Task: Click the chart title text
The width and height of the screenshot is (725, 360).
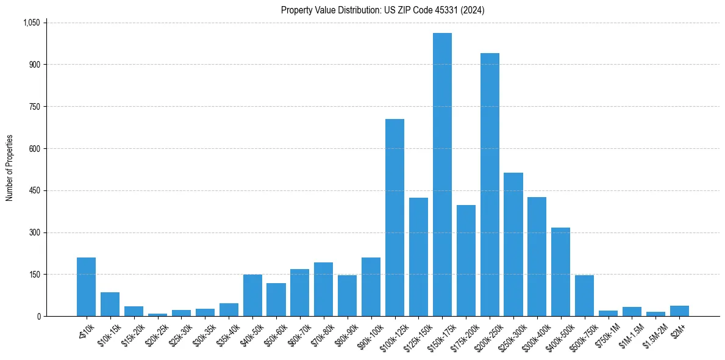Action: tap(382, 10)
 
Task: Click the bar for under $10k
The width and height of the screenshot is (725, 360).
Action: tap(86, 287)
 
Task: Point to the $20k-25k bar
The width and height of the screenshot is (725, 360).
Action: tap(157, 314)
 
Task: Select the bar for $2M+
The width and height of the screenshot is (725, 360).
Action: tap(679, 311)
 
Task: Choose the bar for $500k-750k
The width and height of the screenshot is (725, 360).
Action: tap(584, 295)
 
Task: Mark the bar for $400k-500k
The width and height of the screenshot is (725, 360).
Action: tap(560, 272)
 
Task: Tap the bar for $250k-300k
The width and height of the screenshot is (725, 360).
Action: tap(513, 244)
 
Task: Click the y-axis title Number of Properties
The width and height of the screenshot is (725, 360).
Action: tap(10, 168)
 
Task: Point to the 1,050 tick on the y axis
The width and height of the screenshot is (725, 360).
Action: tap(31, 23)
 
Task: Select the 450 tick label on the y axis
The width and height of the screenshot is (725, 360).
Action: tap(34, 190)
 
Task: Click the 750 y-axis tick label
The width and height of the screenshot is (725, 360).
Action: tap(34, 107)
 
